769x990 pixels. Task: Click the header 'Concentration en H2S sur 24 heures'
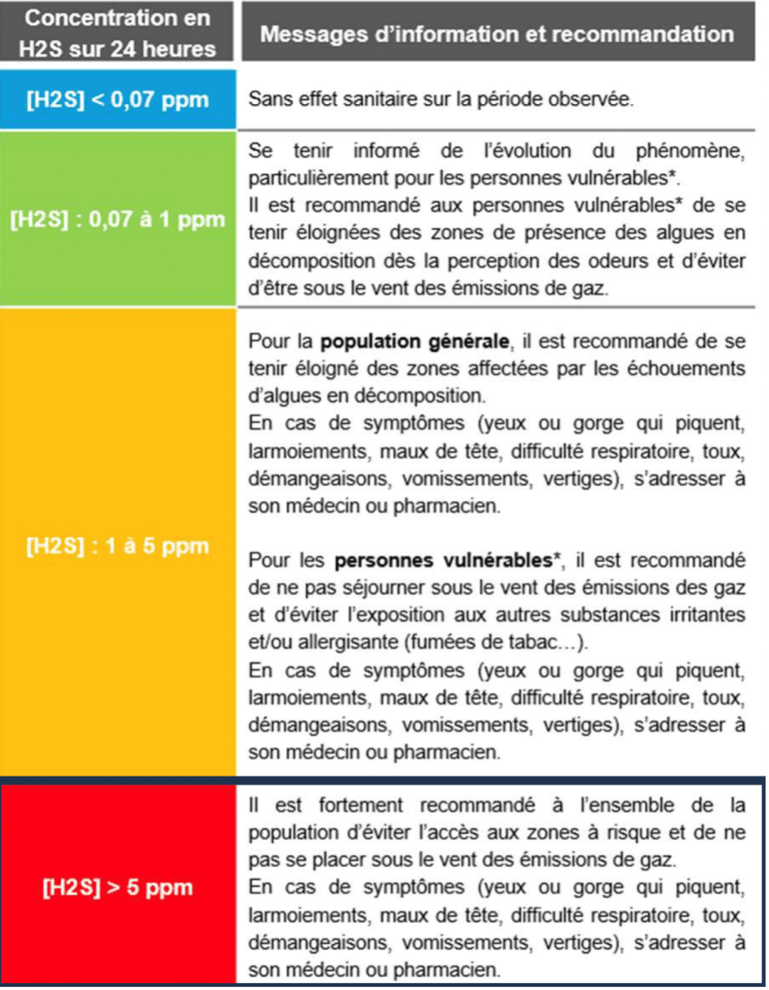pos(118,33)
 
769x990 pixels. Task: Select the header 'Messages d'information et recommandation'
pos(497,34)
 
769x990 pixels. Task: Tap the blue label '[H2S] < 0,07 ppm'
pos(118,100)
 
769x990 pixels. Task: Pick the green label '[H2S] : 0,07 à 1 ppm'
pos(118,219)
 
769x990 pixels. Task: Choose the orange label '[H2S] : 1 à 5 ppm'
pos(118,545)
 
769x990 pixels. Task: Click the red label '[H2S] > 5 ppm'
pos(118,887)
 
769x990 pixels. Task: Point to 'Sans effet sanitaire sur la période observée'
pos(441,99)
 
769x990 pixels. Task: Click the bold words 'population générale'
pos(414,342)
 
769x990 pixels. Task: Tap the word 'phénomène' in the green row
pos(690,151)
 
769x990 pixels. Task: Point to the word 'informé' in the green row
pos(386,151)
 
